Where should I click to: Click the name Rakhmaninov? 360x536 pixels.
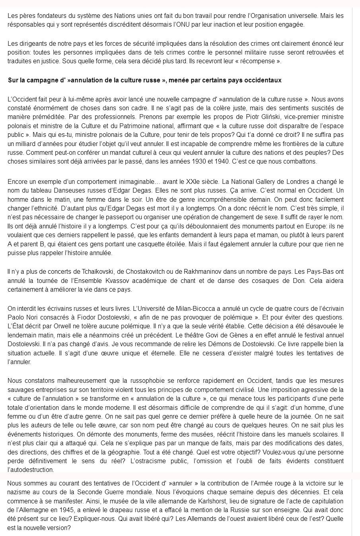pos(206,272)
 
